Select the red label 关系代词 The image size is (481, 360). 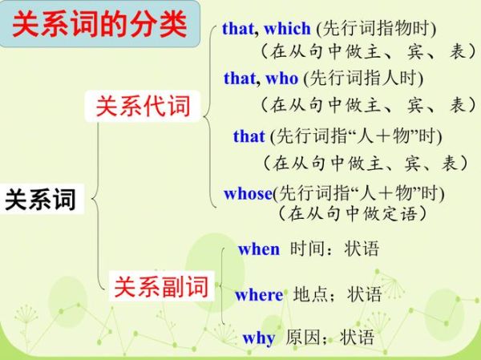click(x=143, y=106)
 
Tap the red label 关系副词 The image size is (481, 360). click(x=160, y=286)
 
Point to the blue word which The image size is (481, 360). click(x=287, y=30)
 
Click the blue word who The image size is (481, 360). click(x=281, y=79)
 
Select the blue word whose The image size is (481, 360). click(x=249, y=193)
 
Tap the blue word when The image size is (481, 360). click(x=259, y=249)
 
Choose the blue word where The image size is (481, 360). click(x=259, y=295)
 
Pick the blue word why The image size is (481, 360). click(x=259, y=338)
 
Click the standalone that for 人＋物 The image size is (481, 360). click(x=249, y=136)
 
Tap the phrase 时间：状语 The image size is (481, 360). click(x=334, y=249)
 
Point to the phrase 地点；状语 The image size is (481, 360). click(x=338, y=294)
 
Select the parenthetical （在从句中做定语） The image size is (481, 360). click(x=352, y=214)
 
